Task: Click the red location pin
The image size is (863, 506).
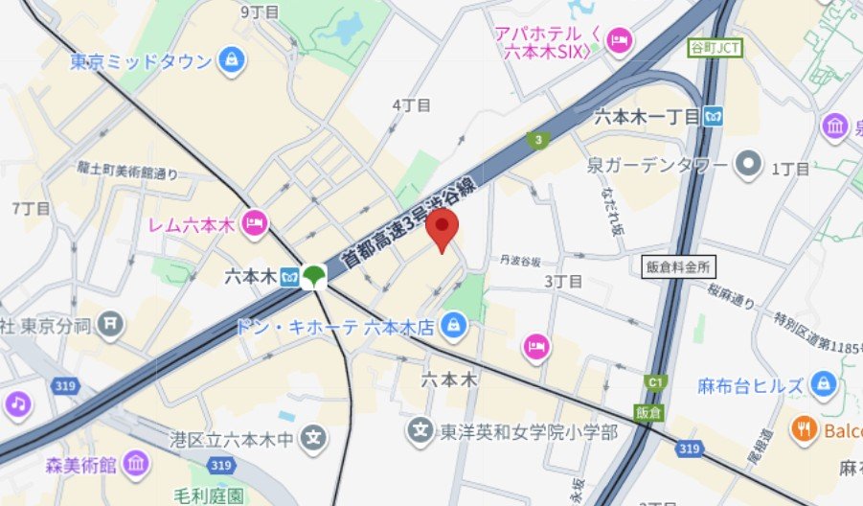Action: click(x=442, y=231)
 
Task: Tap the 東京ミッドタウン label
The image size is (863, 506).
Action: click(x=141, y=61)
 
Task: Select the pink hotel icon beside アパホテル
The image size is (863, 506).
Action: click(x=620, y=39)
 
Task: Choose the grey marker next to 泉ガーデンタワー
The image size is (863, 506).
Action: click(x=747, y=166)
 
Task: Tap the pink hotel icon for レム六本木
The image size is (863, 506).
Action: click(x=254, y=223)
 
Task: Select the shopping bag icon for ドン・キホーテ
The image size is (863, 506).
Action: click(x=453, y=327)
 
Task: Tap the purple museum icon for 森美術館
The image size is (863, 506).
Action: click(x=136, y=465)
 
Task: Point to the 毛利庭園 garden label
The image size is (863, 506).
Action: click(x=209, y=495)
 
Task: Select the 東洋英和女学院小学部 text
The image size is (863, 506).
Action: click(x=525, y=432)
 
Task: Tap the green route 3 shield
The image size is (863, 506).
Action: click(x=539, y=140)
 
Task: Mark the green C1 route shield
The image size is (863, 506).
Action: click(x=655, y=382)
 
